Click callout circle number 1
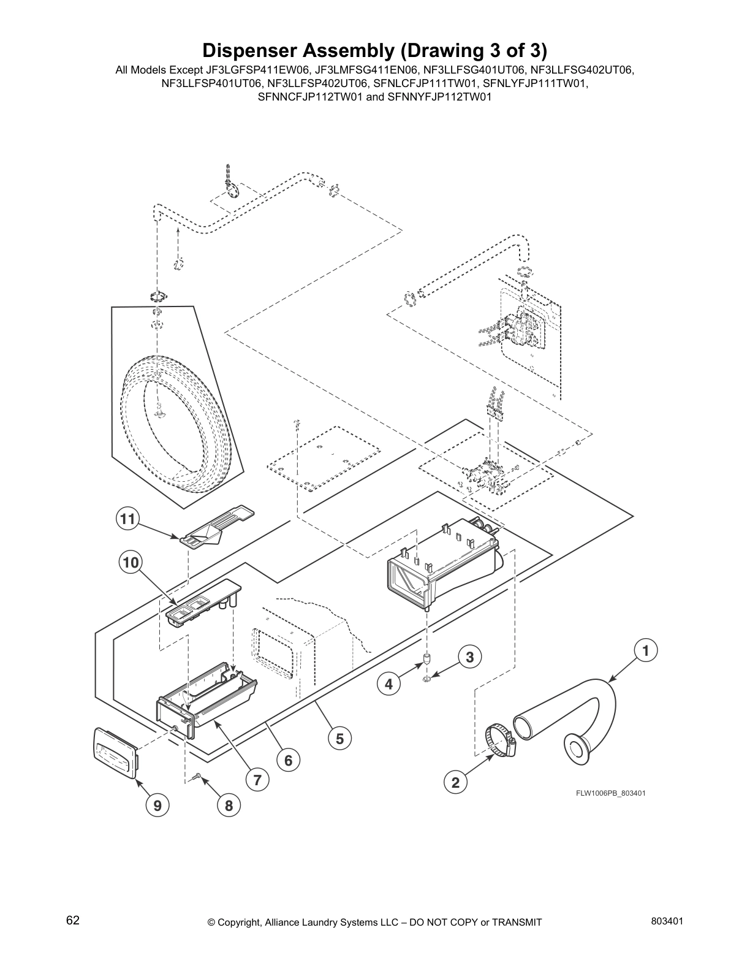coord(645,650)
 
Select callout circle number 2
coord(455,782)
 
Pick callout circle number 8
coord(229,805)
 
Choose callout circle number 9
coord(157,805)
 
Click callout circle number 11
coord(127,519)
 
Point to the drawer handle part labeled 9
coord(116,752)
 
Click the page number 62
coord(73,920)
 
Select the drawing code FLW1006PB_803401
coord(610,793)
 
